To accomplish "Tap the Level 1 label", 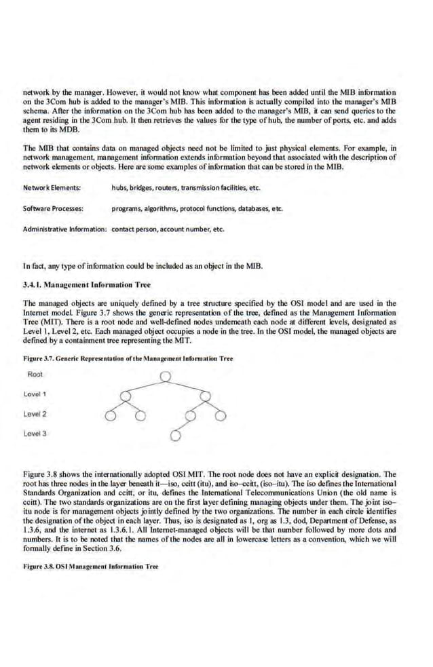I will click(35, 394).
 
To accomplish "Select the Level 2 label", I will click(35, 413).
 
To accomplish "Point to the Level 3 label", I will click(35, 433).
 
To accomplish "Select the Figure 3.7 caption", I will click(128, 358).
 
